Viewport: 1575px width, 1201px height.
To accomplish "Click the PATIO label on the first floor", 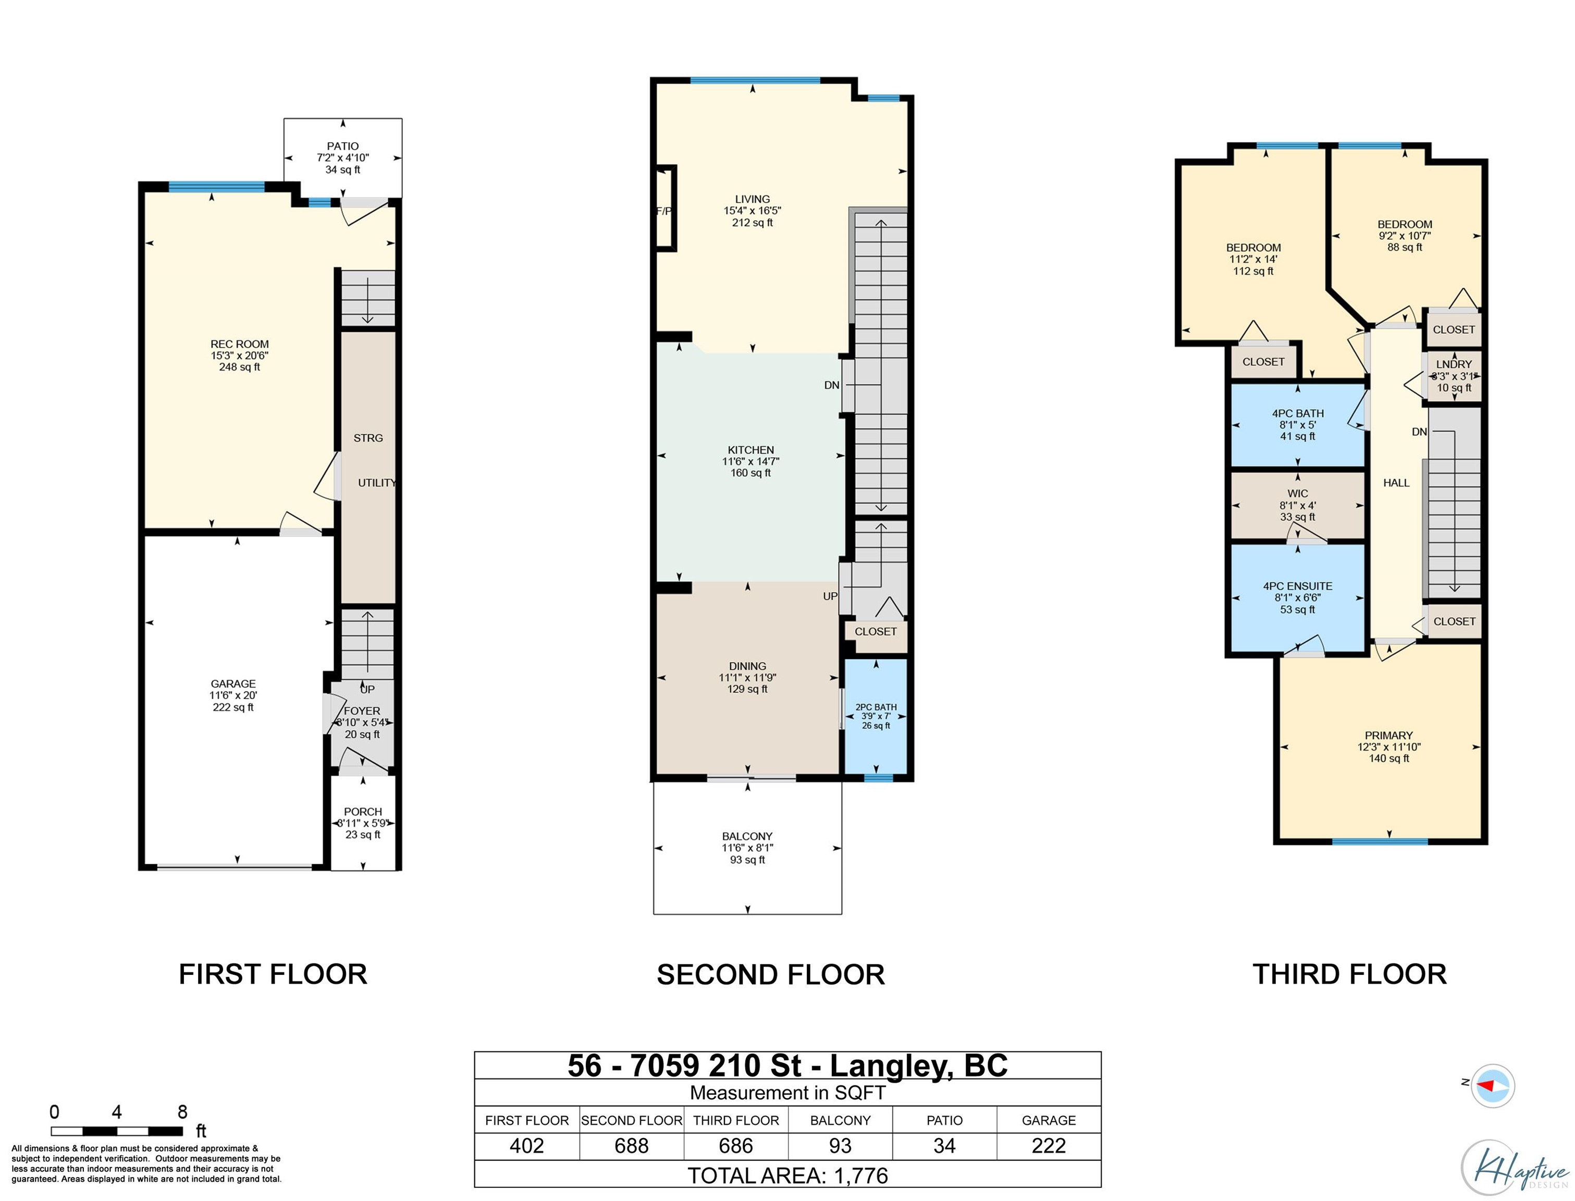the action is tap(343, 146).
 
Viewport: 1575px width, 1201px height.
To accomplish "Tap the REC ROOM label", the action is tap(239, 344).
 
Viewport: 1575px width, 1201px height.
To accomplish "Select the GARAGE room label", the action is tap(233, 684).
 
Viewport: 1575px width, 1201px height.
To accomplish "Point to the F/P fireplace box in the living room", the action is tap(666, 208).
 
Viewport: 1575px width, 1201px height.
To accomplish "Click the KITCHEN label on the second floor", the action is tap(750, 450).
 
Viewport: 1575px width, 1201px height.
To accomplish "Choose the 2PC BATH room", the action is tap(876, 716).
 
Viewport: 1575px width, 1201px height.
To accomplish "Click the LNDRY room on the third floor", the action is tap(1454, 376).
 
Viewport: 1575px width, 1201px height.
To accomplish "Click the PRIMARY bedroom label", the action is tap(1388, 736).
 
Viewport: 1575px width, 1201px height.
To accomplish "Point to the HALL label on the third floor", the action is tap(1396, 483).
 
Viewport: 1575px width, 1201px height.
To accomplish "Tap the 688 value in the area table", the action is tap(632, 1146).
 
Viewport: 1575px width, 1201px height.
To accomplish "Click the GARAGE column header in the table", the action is tap(1048, 1120).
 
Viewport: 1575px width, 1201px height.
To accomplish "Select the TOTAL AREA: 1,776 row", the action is tap(787, 1176).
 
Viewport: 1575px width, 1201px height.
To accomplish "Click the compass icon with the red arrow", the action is tap(1492, 1086).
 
